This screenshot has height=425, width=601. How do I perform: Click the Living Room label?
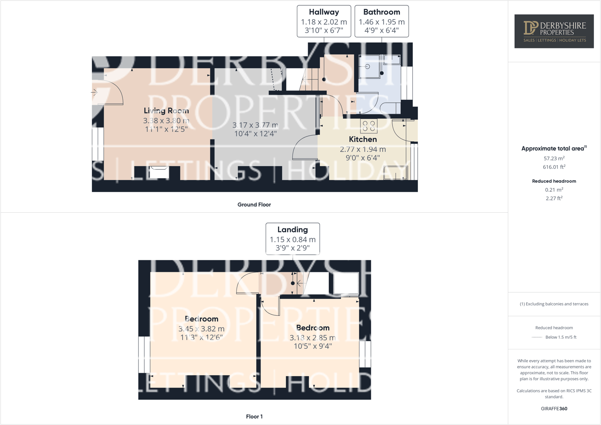[x=166, y=111]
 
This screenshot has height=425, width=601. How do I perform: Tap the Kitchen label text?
[x=363, y=139]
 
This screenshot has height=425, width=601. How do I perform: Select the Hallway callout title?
[x=324, y=12]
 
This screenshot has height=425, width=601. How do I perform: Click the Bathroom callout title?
[x=382, y=12]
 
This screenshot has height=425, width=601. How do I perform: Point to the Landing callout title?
[x=292, y=229]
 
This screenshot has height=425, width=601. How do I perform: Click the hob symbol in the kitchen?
[x=369, y=126]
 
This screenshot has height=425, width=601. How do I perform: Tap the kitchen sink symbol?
[x=395, y=173]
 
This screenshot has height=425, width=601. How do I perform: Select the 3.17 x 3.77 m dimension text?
[x=255, y=125]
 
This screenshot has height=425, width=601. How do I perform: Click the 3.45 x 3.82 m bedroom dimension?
[x=202, y=329]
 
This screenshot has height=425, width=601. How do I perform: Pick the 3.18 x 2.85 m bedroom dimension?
[x=313, y=338]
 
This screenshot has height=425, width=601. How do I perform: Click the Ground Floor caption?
[x=254, y=205]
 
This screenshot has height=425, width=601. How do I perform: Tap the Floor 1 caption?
[x=254, y=416]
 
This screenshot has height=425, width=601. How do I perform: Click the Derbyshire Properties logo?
[x=554, y=31]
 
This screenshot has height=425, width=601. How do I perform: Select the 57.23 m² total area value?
[x=554, y=159]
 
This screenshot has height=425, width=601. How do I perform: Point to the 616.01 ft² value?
[x=554, y=167]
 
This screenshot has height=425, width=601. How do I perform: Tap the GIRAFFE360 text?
[x=554, y=408]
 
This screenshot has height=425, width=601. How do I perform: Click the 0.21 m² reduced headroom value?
[x=554, y=190]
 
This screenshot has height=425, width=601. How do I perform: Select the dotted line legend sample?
[x=537, y=337]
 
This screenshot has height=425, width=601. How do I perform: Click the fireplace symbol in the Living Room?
[x=159, y=169]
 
